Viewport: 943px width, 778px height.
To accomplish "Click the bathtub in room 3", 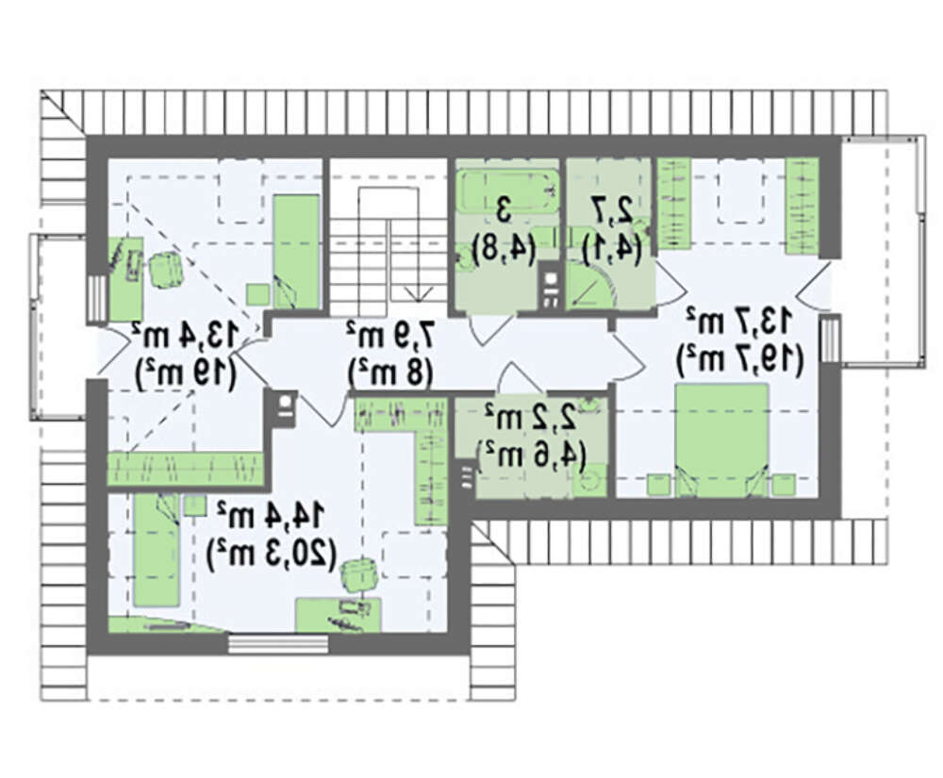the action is pyautogui.click(x=508, y=191).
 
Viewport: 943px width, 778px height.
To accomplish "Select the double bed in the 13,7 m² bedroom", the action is pyautogui.click(x=721, y=440).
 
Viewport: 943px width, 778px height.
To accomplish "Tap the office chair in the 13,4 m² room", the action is pyautogui.click(x=165, y=270).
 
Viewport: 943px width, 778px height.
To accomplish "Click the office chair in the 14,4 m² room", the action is pyautogui.click(x=359, y=576).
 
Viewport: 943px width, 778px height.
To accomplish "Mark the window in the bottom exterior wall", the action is pyautogui.click(x=278, y=644).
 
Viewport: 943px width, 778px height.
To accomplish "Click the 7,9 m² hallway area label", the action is pyautogui.click(x=389, y=335).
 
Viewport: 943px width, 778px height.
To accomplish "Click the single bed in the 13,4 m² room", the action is pyautogui.click(x=296, y=251).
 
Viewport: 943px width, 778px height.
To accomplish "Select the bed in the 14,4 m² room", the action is pyautogui.click(x=157, y=550).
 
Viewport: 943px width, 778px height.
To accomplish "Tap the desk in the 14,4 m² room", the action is pyautogui.click(x=339, y=615).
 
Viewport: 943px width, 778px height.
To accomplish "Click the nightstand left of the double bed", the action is pyautogui.click(x=658, y=485).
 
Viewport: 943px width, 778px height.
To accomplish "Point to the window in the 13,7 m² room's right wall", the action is pyautogui.click(x=831, y=339).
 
